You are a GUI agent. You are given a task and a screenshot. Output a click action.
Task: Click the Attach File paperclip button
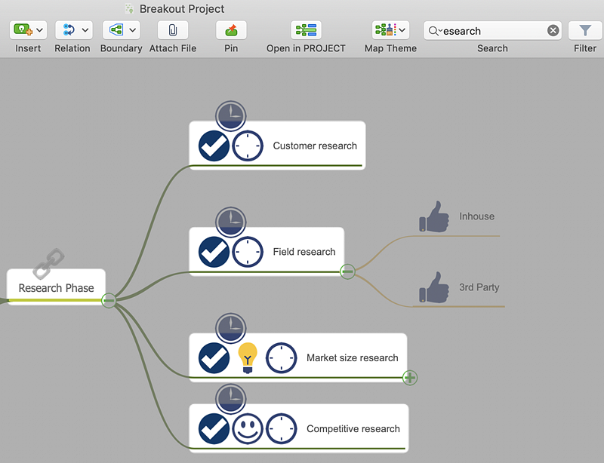point(173,30)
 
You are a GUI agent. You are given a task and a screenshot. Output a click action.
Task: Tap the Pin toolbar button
point(231,30)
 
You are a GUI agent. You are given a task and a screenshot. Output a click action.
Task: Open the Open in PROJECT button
point(306,30)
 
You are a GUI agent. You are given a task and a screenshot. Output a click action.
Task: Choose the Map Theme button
point(390,30)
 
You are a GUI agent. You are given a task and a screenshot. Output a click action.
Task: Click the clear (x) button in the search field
point(553,31)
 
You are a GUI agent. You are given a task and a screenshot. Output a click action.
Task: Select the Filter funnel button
point(585,30)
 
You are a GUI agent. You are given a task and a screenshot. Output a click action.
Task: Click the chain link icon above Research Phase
point(49,263)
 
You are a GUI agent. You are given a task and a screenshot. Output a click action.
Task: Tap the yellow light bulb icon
point(248,357)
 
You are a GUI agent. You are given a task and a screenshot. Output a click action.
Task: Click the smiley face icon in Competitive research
point(248,428)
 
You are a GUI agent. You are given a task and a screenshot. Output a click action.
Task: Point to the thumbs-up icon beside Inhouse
point(434,216)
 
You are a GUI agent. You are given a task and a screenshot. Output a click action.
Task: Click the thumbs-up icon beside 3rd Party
point(434,287)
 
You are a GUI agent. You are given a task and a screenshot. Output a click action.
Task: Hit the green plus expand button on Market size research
point(410,377)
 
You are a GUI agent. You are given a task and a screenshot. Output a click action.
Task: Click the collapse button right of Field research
point(347,271)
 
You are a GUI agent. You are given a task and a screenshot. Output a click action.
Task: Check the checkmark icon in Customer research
point(214,146)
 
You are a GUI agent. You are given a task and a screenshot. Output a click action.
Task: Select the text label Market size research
point(352,357)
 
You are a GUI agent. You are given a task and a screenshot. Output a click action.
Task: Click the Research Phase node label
point(57,287)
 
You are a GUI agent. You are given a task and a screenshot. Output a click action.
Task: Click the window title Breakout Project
point(182,9)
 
